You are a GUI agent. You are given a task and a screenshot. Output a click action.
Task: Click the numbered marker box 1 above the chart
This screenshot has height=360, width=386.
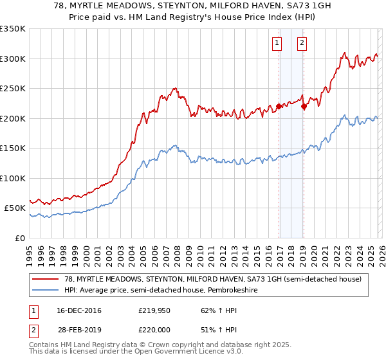click(x=277, y=44)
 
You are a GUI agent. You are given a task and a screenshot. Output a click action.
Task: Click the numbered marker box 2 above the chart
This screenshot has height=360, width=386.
click(x=302, y=44)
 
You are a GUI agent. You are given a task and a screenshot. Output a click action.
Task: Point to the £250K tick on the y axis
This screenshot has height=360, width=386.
click(x=13, y=89)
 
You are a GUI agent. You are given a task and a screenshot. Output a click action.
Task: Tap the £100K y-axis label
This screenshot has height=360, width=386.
click(x=13, y=179)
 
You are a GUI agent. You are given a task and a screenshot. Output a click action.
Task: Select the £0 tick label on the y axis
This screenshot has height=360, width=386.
click(x=19, y=239)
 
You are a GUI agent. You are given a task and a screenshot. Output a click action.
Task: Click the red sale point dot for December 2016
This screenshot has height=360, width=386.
click(x=279, y=107)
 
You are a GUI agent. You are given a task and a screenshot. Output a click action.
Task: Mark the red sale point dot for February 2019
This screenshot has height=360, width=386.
click(x=304, y=107)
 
